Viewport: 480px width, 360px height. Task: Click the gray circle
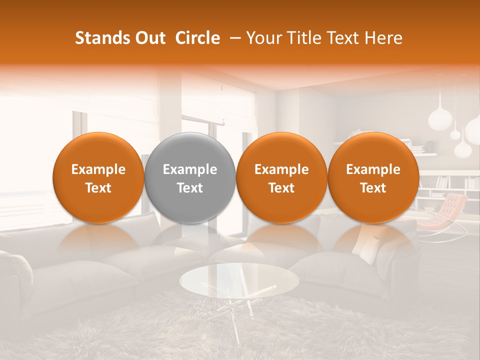tap(189, 177)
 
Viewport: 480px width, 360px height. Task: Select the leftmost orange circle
tap(98, 177)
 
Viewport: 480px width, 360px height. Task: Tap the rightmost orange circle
tap(373, 177)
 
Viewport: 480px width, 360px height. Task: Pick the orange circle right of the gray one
tap(281, 177)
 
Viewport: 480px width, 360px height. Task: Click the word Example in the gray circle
tap(190, 169)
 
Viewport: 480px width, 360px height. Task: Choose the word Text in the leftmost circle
tap(98, 188)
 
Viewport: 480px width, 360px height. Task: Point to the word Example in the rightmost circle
tap(373, 169)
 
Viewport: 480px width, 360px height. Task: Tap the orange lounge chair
tap(443, 212)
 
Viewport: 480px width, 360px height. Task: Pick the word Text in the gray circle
tap(190, 188)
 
